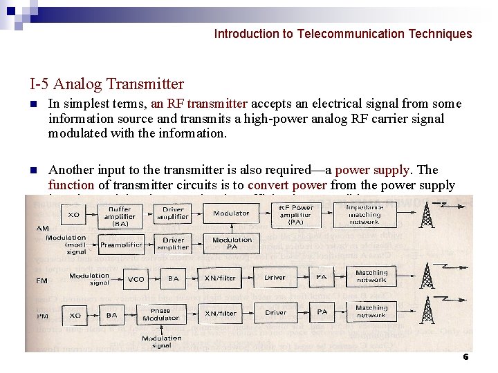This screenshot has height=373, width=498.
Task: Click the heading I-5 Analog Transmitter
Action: pos(107,84)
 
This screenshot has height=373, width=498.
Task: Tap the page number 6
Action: pos(465,357)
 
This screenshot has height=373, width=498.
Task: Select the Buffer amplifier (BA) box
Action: pos(120,216)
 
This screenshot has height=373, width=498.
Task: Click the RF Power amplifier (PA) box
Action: pos(296,215)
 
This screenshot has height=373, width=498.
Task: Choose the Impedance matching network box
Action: pos(365,215)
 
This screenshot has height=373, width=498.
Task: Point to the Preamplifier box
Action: pos(121,245)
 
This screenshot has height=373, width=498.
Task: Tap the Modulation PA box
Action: pos(232,244)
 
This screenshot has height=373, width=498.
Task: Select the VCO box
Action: pos(136,279)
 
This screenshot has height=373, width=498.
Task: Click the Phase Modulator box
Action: pos(160,314)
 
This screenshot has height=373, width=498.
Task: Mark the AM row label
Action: pos(42,229)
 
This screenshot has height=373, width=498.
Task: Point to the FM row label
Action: pos(42,281)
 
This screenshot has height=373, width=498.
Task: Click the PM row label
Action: pos(42,316)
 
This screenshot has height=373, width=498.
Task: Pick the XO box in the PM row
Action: pos(75,315)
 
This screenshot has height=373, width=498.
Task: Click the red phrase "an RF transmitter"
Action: pos(199,104)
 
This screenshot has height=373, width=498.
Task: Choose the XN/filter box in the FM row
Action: pos(220,278)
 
